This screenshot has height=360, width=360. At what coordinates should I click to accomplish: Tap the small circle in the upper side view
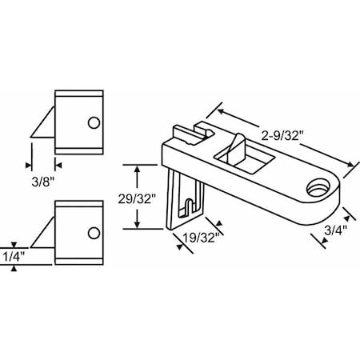pos(94,123)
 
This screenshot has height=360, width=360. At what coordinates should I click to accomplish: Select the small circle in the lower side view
pos(94,233)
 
